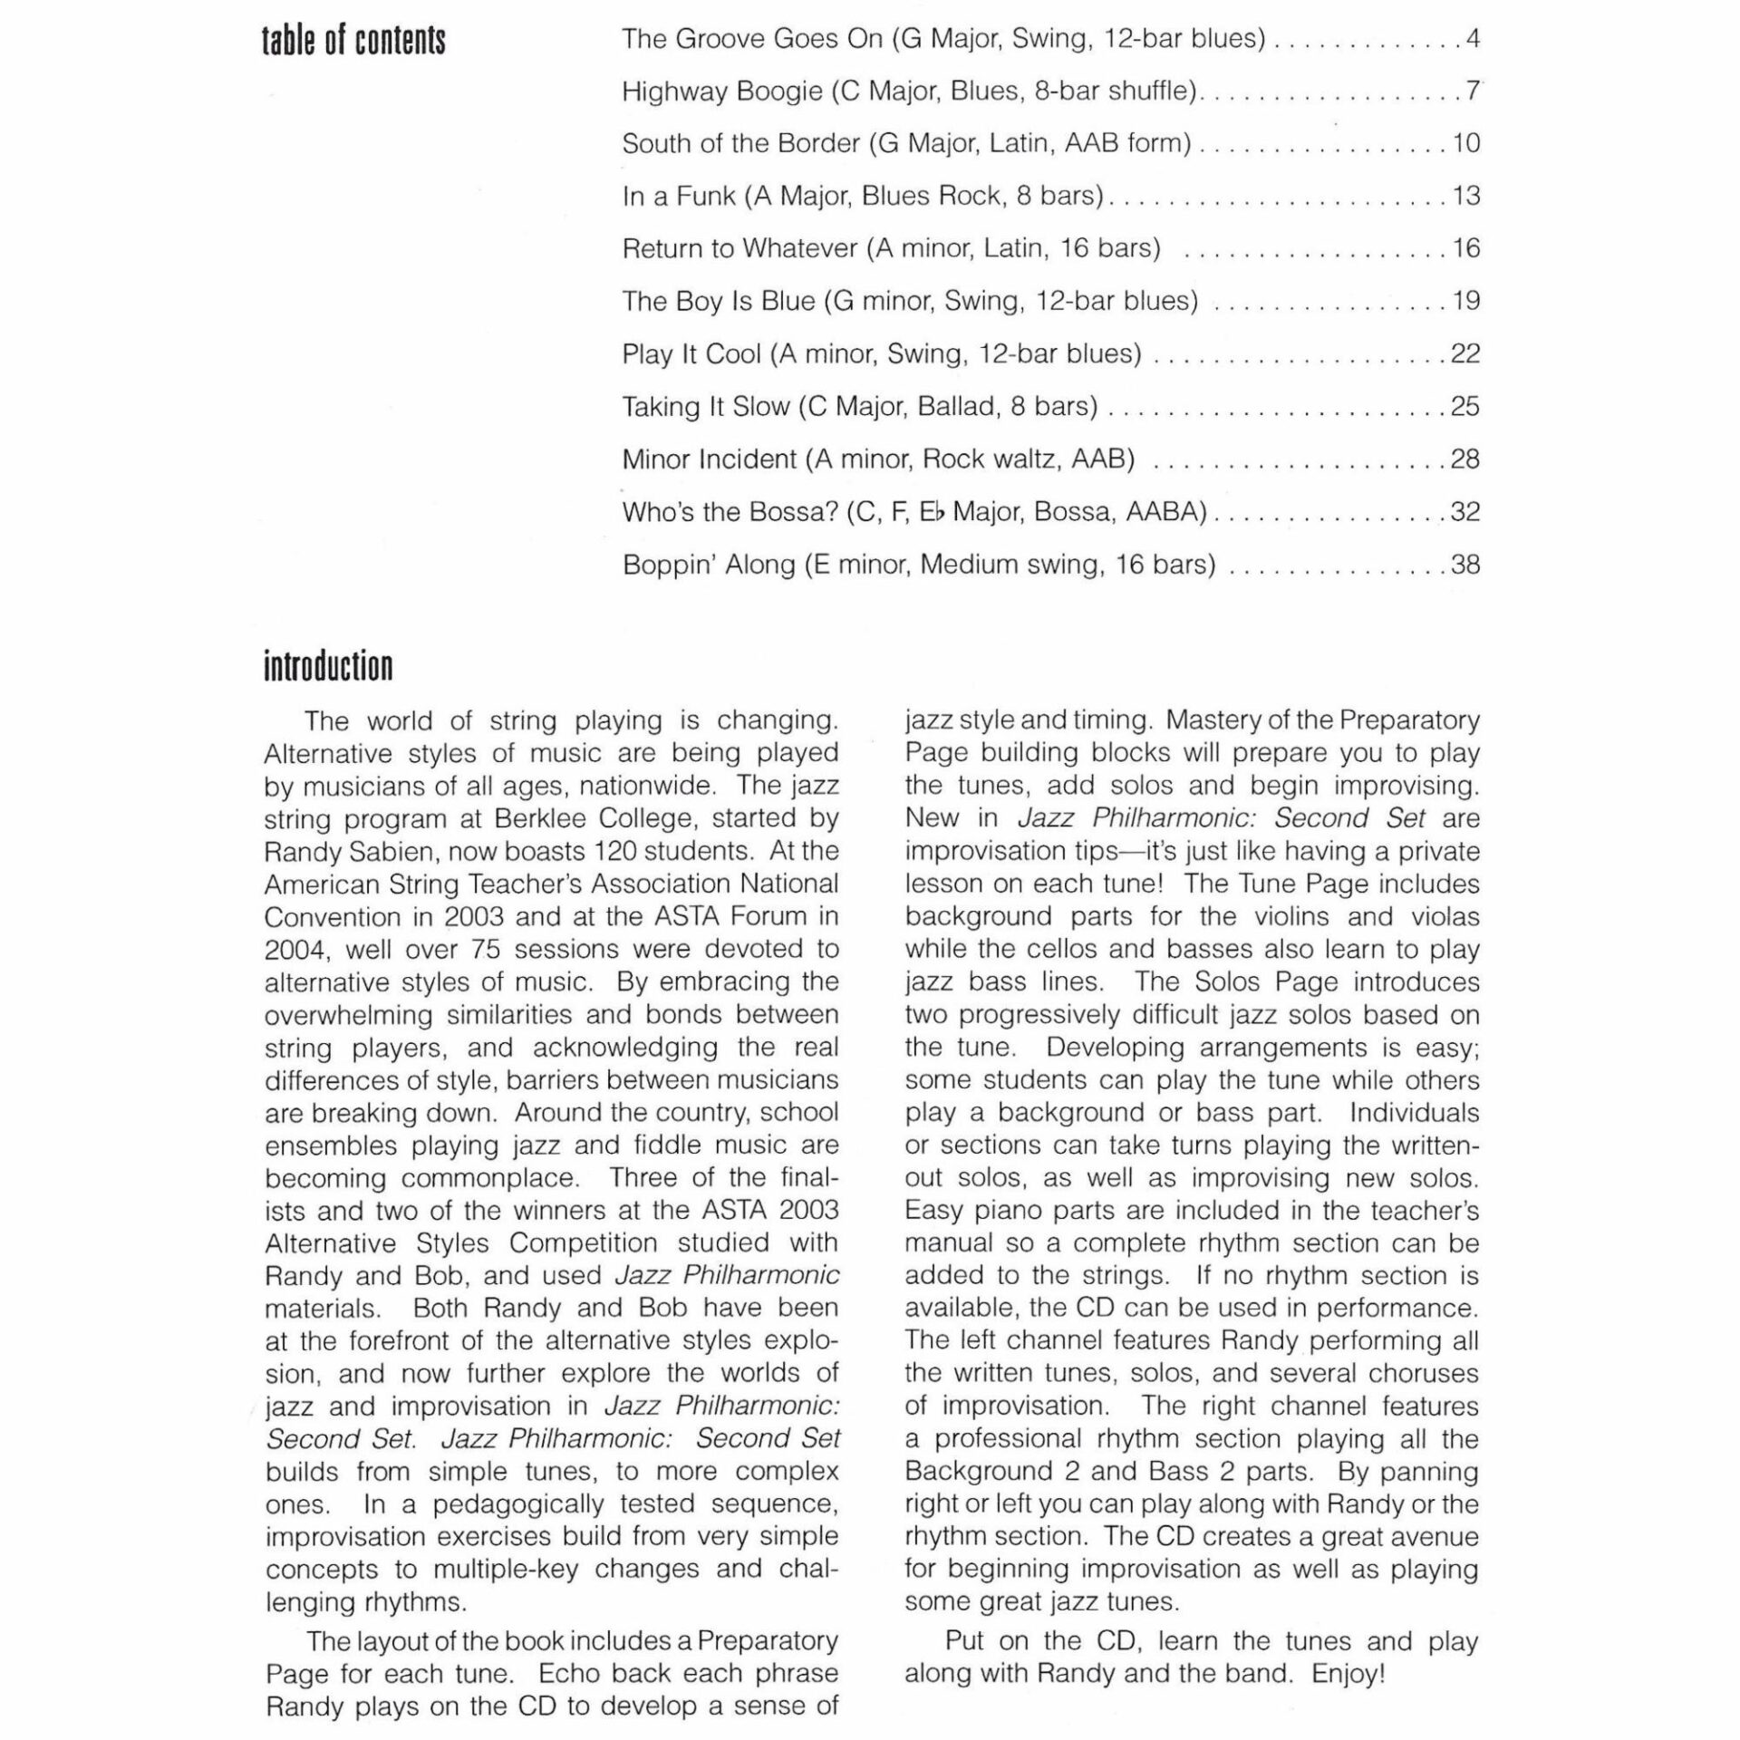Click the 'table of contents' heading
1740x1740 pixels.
pos(353,41)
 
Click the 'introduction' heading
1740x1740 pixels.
pos(328,666)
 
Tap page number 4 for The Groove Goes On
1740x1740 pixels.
pos(1473,39)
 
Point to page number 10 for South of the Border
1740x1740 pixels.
pos(1465,143)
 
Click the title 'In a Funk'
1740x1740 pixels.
pos(678,196)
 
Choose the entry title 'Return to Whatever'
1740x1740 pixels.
pos(739,248)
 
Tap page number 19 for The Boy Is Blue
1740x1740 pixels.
pos(1465,301)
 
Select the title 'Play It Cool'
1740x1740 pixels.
pos(691,353)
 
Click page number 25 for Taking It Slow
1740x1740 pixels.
pos(1465,406)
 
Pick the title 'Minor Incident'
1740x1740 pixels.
pos(709,459)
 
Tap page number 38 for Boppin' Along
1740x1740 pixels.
pos(1465,565)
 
